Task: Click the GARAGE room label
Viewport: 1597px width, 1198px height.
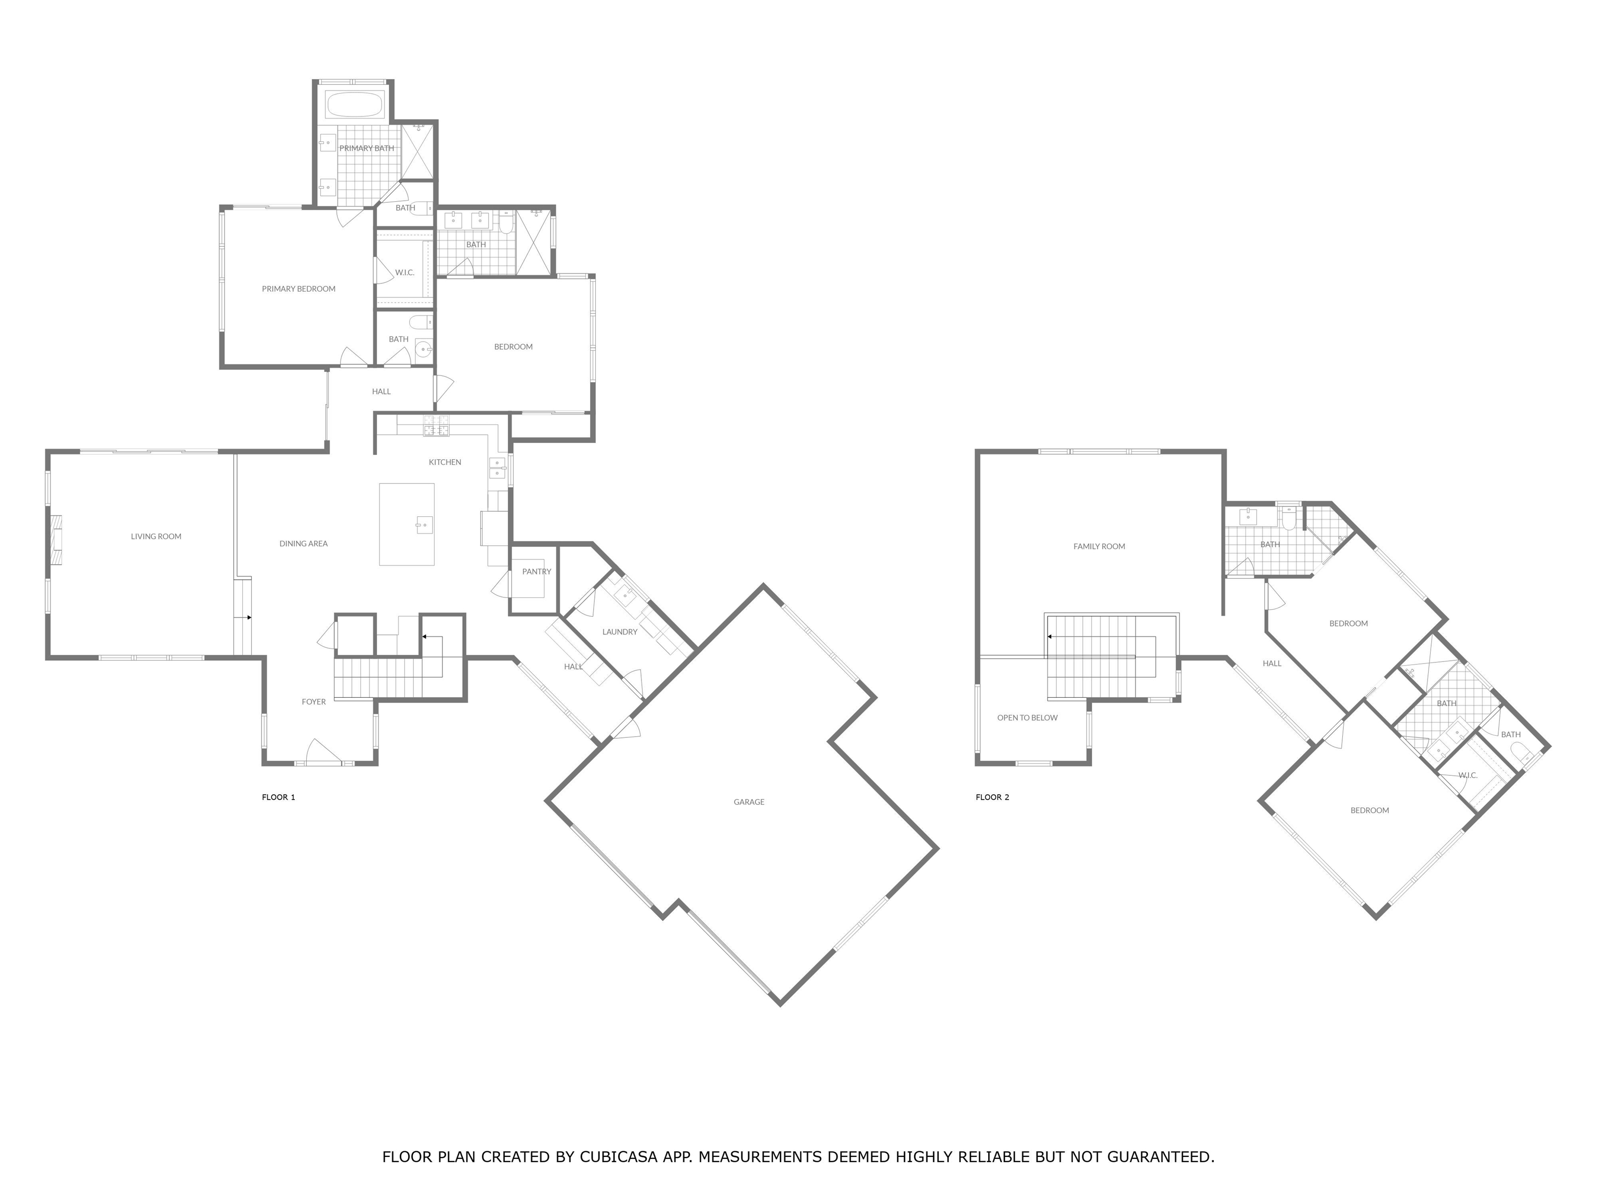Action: pos(749,802)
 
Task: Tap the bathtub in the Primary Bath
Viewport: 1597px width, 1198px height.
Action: pos(354,105)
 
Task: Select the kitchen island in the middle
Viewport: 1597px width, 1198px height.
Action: pos(407,524)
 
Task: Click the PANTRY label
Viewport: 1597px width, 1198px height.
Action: pos(536,572)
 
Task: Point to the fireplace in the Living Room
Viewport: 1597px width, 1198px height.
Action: pos(56,539)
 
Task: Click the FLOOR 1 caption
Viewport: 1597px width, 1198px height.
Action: pos(279,797)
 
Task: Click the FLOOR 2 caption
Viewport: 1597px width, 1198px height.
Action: pos(992,797)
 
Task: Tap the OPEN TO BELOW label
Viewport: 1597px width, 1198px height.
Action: pos(1027,718)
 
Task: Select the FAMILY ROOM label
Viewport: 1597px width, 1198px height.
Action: pos(1099,546)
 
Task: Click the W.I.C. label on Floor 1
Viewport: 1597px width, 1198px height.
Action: pos(404,273)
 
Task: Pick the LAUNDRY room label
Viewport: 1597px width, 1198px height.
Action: pos(620,632)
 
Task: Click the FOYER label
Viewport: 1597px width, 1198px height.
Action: pos(313,702)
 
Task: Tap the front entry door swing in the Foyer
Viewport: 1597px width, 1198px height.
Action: pos(323,751)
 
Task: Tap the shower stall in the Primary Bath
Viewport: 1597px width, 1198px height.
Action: pos(417,151)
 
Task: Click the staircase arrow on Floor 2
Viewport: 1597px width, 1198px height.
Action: pos(1051,637)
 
